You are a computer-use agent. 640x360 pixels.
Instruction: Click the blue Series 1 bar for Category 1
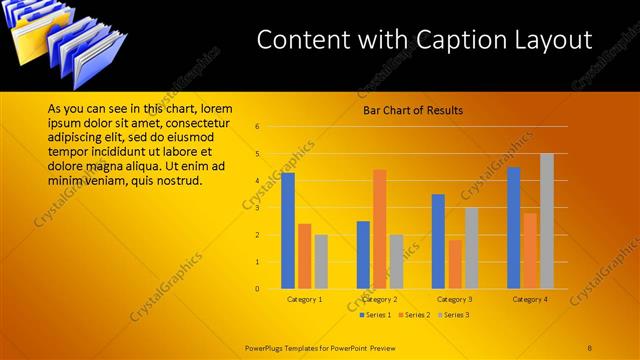pos(288,230)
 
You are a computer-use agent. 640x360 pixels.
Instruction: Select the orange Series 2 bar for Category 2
pos(380,228)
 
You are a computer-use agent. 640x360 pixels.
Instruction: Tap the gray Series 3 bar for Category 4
pos(547,221)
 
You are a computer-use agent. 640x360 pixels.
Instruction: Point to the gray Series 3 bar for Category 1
pos(321,262)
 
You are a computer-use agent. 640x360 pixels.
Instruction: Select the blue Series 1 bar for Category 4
pos(513,228)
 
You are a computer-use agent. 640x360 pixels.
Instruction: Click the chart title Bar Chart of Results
pos(412,110)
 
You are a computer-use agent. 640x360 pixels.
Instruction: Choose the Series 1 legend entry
pos(378,315)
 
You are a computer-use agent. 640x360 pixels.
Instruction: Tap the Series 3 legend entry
pos(453,315)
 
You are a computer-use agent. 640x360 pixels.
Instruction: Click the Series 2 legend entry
pos(415,315)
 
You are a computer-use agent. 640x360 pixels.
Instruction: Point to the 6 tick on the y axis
pos(257,127)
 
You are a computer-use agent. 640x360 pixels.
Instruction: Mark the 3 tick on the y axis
pos(257,208)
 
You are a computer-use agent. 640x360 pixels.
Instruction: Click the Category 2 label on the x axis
pos(380,299)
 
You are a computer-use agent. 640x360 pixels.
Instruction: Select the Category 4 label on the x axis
pos(530,299)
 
